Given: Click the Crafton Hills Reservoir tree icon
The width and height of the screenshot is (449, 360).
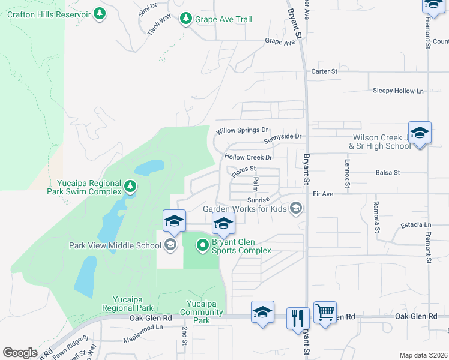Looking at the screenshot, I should click(x=100, y=14).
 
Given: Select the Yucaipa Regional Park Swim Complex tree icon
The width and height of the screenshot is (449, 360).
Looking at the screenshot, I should click(x=130, y=187).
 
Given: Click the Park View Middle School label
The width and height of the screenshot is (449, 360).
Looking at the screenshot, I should click(x=115, y=245).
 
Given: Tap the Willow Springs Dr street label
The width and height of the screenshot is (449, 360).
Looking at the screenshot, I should click(x=242, y=130).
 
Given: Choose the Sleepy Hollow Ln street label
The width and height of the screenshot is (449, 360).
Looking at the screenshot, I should click(x=398, y=91).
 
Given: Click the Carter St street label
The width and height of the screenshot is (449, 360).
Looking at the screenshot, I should click(x=324, y=71).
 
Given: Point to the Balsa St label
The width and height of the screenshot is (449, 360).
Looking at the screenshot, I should click(x=387, y=173).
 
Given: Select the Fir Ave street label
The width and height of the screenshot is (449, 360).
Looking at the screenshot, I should click(x=322, y=194).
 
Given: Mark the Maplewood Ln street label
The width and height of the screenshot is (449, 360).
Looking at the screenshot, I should click(x=143, y=328).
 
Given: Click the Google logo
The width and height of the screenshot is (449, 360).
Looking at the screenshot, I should click(x=20, y=353).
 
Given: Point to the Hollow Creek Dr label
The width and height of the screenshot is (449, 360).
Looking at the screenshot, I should click(x=248, y=157).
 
